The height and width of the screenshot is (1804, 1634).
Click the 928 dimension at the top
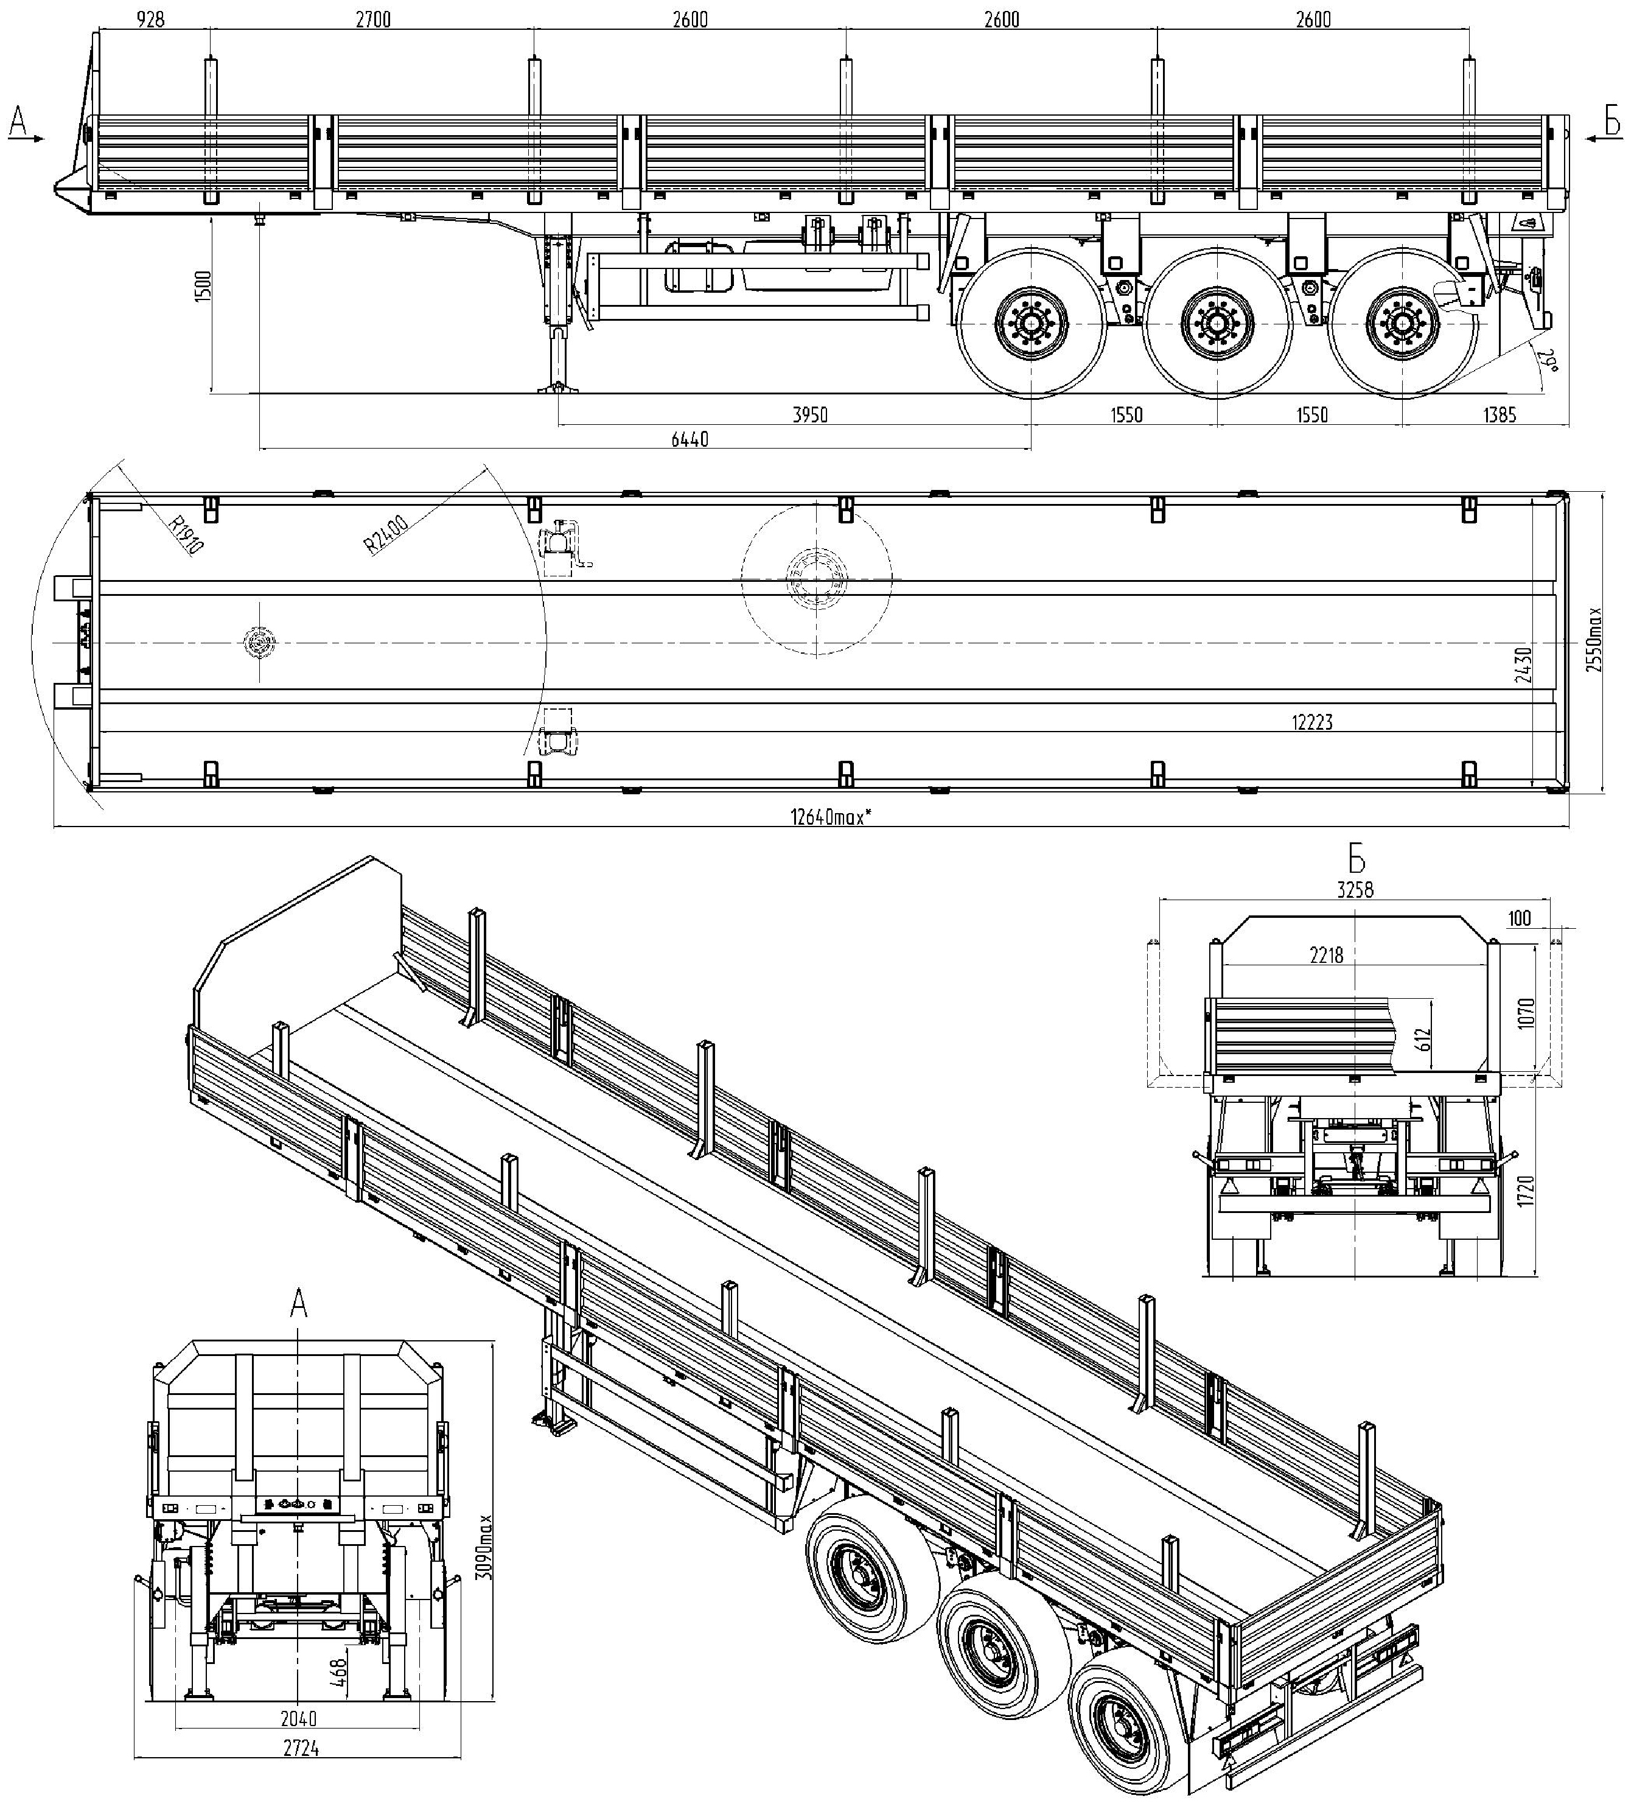tap(152, 19)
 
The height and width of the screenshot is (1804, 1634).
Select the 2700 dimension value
tap(373, 19)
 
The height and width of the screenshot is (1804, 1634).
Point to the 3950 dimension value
tap(811, 414)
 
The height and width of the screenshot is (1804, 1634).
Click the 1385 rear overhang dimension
tap(1500, 414)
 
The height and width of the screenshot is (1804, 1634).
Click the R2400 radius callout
tap(386, 535)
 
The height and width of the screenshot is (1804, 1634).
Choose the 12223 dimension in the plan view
tap(1312, 722)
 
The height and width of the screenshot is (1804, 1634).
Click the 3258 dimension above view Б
tap(1355, 889)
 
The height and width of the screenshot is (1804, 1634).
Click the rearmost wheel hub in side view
tap(1402, 322)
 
